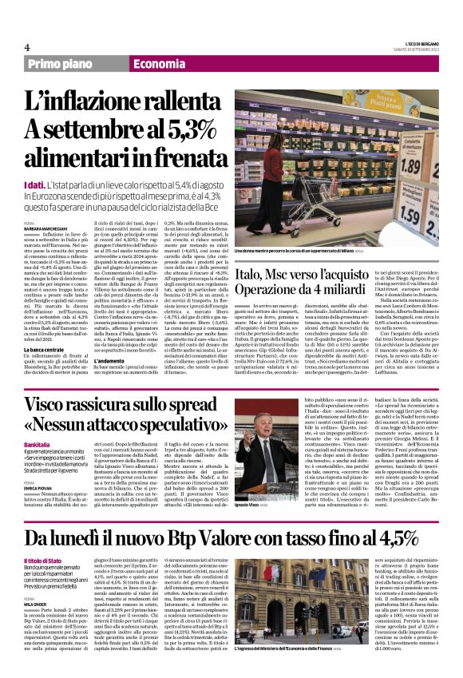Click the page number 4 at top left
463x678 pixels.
pos(26,47)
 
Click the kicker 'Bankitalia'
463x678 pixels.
pos(37,444)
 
